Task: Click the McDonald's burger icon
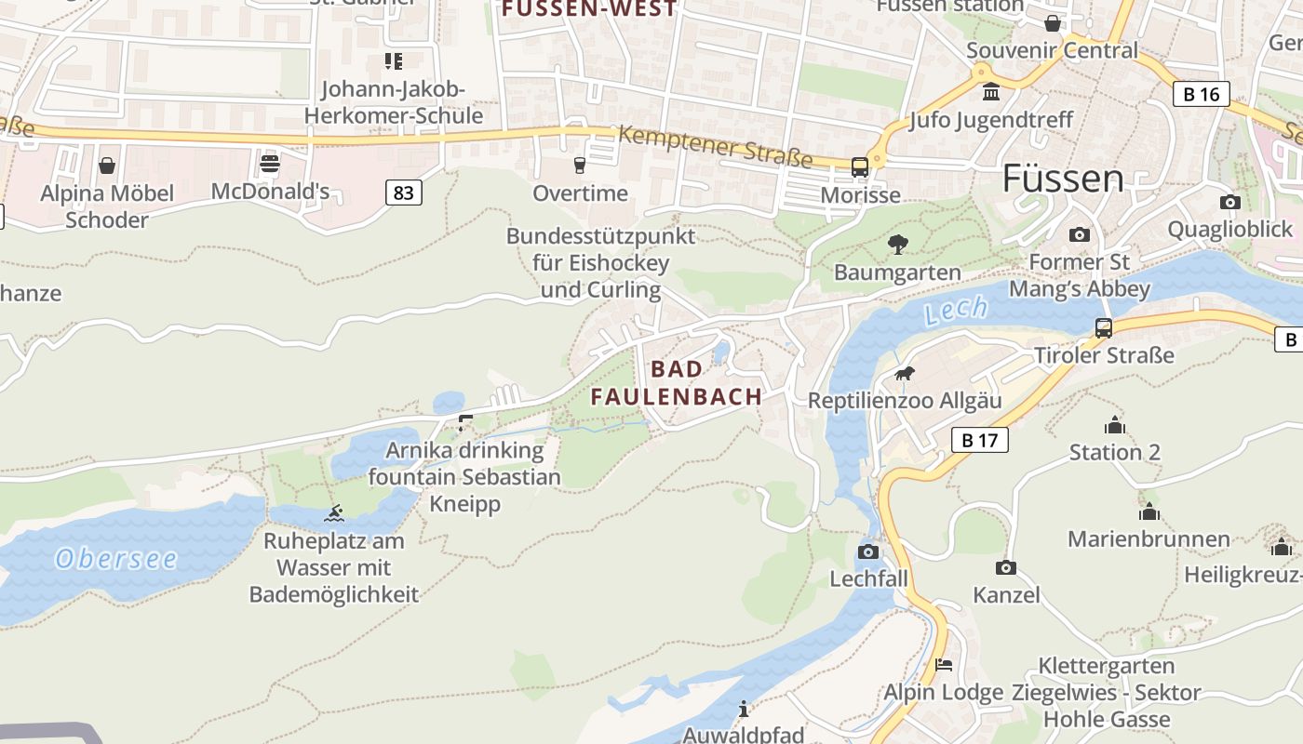(270, 165)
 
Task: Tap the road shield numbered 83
(403, 193)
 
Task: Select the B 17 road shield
(979, 440)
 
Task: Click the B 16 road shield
(1201, 94)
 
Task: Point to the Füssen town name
(1062, 179)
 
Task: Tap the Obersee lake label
(116, 559)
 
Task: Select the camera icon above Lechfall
(867, 551)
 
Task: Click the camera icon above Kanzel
(1005, 567)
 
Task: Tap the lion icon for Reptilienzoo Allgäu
(904, 374)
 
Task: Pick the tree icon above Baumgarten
(897, 245)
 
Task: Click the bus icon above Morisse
(860, 167)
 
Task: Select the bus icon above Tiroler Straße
(1103, 327)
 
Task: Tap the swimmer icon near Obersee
(334, 513)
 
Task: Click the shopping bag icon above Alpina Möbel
(107, 166)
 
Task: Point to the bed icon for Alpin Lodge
(943, 665)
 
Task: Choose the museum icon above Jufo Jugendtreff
(991, 92)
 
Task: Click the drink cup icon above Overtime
(580, 166)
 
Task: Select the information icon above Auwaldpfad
(743, 710)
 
